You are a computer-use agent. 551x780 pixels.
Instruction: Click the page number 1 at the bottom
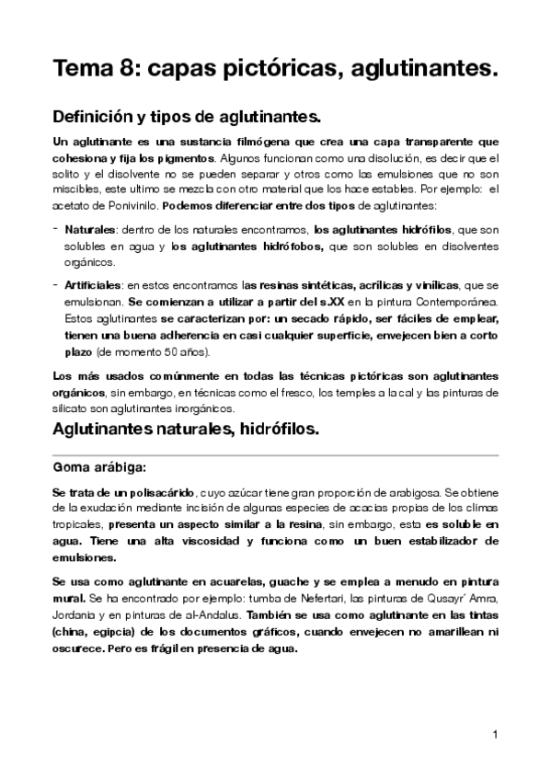(494, 734)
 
